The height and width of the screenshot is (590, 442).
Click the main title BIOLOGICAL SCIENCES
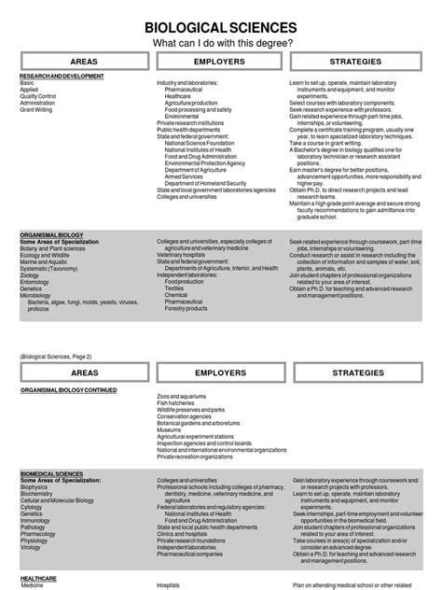pyautogui.click(x=221, y=27)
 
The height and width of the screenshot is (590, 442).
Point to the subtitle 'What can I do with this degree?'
pyautogui.click(x=221, y=43)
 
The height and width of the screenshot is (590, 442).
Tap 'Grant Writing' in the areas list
pyautogui.click(x=35, y=109)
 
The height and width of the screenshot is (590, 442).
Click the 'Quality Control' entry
pyautogui.click(x=38, y=96)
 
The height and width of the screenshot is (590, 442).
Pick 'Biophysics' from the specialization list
pyautogui.click(x=34, y=486)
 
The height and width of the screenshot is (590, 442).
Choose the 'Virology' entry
pyautogui.click(x=31, y=547)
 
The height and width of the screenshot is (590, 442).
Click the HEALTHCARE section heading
pyautogui.click(x=39, y=578)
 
